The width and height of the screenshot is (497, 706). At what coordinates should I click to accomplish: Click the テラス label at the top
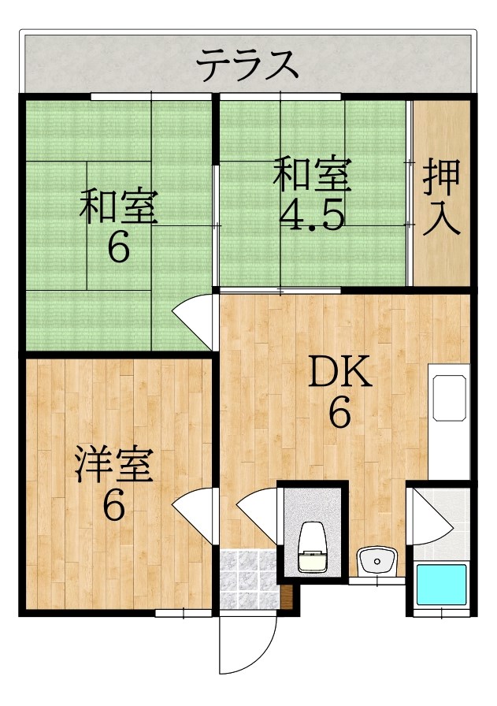(248, 65)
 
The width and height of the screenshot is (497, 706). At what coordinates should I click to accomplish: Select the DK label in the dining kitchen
(340, 371)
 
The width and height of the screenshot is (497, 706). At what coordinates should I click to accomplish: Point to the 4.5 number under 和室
(313, 216)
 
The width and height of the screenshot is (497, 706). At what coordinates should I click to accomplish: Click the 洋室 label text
(114, 465)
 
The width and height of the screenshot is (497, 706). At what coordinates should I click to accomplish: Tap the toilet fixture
(313, 547)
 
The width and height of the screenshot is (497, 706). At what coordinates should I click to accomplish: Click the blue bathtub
(441, 585)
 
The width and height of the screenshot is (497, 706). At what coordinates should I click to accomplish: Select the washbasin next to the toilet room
(376, 561)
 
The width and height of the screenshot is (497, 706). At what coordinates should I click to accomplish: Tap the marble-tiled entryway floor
(248, 579)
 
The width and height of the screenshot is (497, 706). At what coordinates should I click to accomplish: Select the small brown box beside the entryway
(287, 597)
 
